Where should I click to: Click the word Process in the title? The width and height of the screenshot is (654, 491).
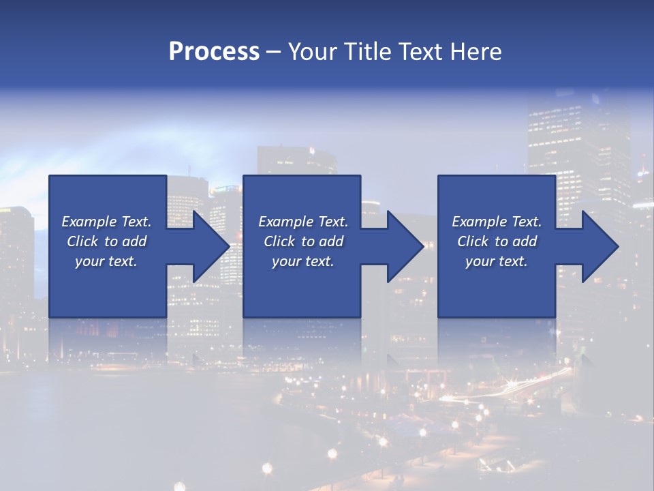pos(214,52)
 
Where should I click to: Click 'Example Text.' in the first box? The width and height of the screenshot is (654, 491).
pos(106,222)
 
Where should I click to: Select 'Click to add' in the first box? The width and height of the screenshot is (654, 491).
pos(106,241)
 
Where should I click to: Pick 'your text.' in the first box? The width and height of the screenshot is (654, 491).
pos(106,261)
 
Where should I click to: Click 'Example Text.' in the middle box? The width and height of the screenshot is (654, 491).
pos(303,222)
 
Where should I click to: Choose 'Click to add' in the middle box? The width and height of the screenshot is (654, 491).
pos(303,241)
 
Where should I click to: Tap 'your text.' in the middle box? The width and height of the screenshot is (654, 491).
pos(303,261)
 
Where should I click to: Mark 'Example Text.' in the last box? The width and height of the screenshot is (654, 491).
pos(497,222)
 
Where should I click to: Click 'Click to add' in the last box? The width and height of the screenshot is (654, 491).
pos(497,241)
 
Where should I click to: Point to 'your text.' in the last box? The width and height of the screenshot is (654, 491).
pos(497,261)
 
